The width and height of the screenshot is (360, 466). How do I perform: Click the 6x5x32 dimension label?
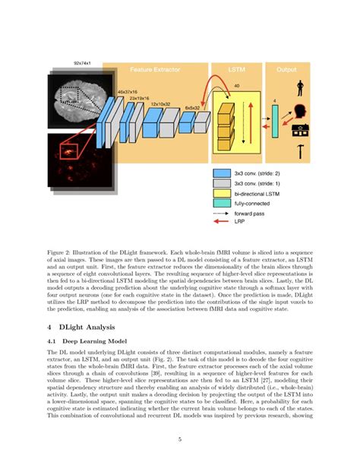click(191, 108)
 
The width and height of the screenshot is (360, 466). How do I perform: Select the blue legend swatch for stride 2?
click(223, 173)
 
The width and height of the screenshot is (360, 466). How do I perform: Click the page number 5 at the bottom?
click(179, 439)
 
